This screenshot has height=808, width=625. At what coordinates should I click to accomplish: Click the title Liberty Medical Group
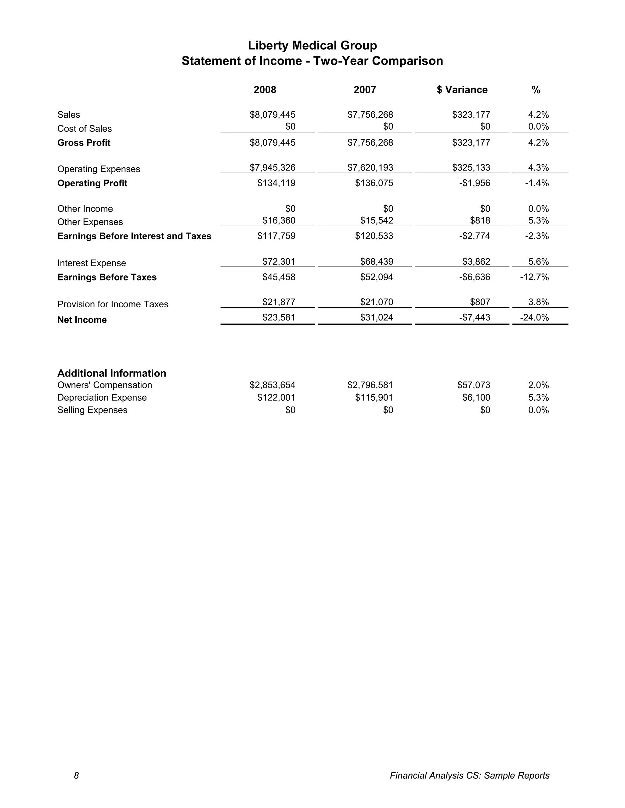coord(312,45)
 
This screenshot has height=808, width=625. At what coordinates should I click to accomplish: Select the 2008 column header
coord(265,90)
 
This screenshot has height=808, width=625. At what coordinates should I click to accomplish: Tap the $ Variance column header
coord(462,90)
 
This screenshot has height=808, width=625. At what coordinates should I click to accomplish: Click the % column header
coord(536,90)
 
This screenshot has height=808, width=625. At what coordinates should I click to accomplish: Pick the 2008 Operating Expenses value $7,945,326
coord(273,168)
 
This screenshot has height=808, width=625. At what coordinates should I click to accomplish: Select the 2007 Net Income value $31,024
coord(377,317)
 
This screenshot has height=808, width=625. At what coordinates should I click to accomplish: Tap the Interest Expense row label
coord(92,263)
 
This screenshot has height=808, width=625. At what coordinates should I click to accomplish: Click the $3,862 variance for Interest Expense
coord(476,262)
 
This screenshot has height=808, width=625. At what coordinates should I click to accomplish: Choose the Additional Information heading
coord(111,373)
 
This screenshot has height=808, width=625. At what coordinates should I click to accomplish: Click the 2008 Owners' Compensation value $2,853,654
coord(273,385)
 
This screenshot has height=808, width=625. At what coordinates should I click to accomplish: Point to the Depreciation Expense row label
coord(102,397)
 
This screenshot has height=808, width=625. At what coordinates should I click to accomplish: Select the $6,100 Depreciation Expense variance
coord(476,397)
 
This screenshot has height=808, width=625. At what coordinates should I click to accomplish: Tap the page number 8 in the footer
coord(76,775)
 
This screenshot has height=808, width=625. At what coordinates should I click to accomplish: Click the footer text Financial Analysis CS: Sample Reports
coord(469,775)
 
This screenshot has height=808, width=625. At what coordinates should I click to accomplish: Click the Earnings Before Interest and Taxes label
coord(134,236)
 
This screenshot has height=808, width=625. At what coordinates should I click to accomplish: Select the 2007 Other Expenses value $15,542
coord(377,220)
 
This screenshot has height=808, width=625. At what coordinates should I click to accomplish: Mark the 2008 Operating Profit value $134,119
coord(276,183)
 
